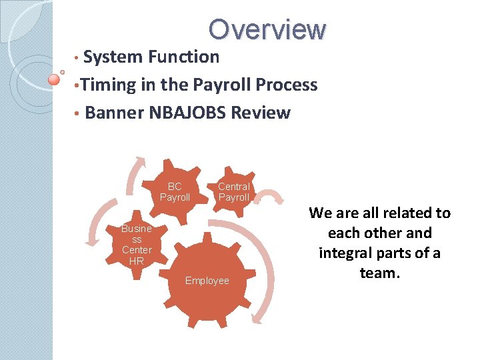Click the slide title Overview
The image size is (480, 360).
(x=267, y=29)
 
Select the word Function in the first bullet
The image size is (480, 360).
(x=184, y=57)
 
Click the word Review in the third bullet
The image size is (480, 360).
(x=261, y=113)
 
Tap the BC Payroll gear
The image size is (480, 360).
(x=175, y=192)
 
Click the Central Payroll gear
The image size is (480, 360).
(x=234, y=192)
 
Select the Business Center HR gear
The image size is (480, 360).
(x=137, y=245)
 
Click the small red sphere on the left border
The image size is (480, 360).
(x=55, y=80)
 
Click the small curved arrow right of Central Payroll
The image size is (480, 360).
(x=271, y=197)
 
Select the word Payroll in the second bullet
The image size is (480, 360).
(x=222, y=85)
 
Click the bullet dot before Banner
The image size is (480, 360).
(x=78, y=113)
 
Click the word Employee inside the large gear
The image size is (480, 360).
(x=207, y=281)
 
